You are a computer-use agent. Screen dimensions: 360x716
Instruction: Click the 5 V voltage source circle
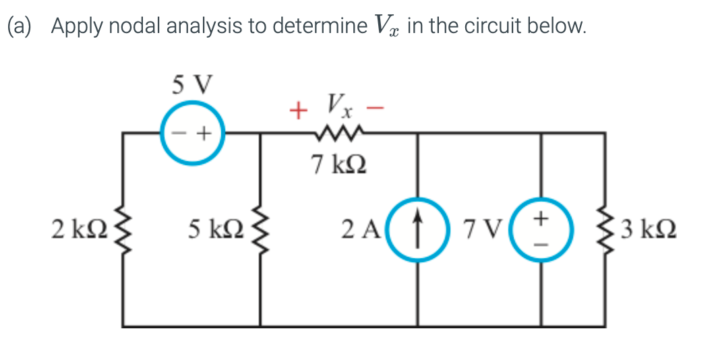[x=192, y=133]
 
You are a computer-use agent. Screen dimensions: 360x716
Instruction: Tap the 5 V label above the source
[x=191, y=86]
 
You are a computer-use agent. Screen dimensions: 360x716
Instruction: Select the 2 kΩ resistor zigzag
[x=123, y=229]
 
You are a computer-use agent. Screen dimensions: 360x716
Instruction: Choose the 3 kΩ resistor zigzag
[x=604, y=229]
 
